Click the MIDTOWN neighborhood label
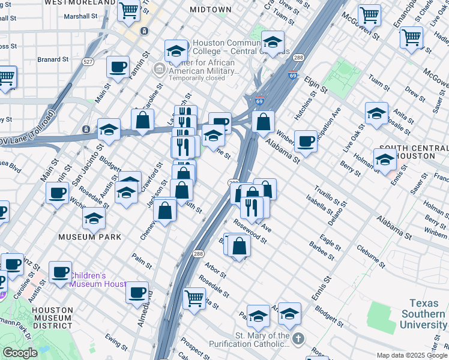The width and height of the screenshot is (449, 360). tap(210, 10)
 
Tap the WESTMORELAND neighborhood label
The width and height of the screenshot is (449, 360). tap(80, 3)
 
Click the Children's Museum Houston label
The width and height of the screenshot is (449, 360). tap(97, 280)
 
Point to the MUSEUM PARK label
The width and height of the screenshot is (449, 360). tap(89, 237)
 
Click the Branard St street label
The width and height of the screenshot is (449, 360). tap(53, 60)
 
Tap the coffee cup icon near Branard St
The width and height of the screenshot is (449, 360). tap(118, 66)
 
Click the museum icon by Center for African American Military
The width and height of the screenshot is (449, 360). tap(159, 70)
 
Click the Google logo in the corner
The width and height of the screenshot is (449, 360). tap(19, 353)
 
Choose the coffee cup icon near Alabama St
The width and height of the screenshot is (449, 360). tap(306, 140)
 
